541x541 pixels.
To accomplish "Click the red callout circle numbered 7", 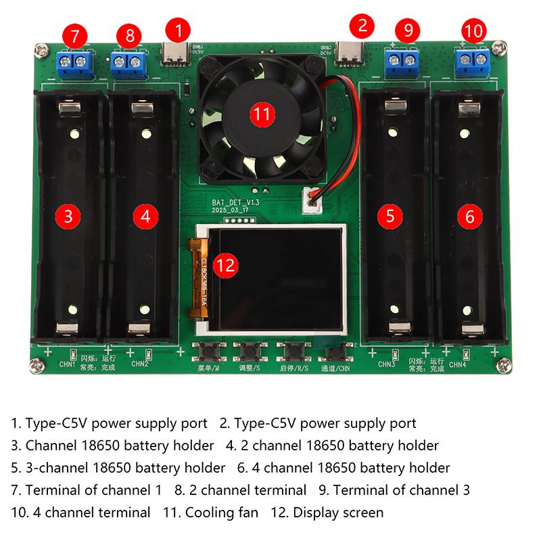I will pyautogui.click(x=74, y=34).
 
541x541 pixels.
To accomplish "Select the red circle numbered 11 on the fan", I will pyautogui.click(x=261, y=113).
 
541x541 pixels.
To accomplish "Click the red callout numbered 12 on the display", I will pyautogui.click(x=226, y=265).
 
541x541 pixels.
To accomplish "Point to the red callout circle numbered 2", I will pyautogui.click(x=362, y=27).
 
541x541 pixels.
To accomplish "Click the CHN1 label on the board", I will pyautogui.click(x=67, y=364).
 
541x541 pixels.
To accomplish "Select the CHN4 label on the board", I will pyautogui.click(x=458, y=364).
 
